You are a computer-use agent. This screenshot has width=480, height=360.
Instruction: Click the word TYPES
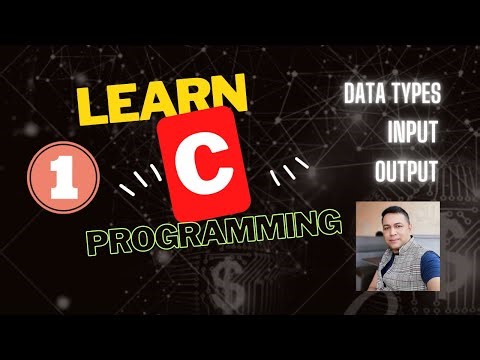(415, 95)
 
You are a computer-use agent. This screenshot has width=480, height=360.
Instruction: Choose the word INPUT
(412, 133)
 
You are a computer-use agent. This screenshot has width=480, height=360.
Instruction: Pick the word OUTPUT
(407, 170)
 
